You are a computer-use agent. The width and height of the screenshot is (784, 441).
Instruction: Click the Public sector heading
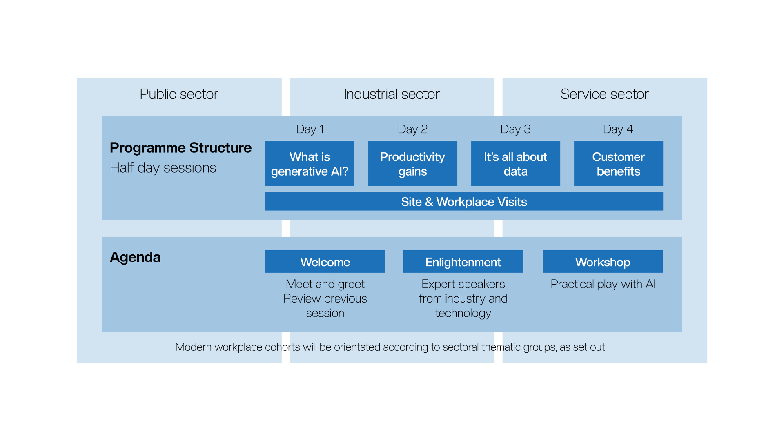click(179, 94)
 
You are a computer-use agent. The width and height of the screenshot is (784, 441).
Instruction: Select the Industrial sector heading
click(392, 94)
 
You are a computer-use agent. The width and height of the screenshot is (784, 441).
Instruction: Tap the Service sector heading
click(604, 94)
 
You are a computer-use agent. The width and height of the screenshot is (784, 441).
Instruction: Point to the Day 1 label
click(310, 129)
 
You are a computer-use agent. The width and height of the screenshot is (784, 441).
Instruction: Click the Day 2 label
click(412, 129)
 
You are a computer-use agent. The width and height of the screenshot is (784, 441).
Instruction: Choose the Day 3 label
click(515, 129)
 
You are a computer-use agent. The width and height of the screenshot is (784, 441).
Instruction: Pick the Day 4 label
click(618, 129)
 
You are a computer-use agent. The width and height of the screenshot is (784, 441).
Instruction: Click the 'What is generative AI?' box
click(310, 163)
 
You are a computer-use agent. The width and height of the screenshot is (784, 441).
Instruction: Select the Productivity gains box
click(413, 163)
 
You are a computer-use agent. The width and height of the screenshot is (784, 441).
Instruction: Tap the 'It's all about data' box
click(516, 163)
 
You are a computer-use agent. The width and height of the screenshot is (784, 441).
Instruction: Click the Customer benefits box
click(619, 163)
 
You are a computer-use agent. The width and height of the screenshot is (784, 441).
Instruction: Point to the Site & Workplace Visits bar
click(464, 201)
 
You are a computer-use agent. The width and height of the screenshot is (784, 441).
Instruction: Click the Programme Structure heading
click(180, 148)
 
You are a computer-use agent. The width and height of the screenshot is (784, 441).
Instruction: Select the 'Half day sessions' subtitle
click(163, 168)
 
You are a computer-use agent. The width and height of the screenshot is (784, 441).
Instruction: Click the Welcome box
click(325, 261)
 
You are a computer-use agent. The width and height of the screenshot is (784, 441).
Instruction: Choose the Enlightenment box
click(463, 261)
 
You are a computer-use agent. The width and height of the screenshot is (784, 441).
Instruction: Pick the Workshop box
click(603, 261)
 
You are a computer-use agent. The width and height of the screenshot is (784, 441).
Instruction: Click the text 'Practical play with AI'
click(603, 284)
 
